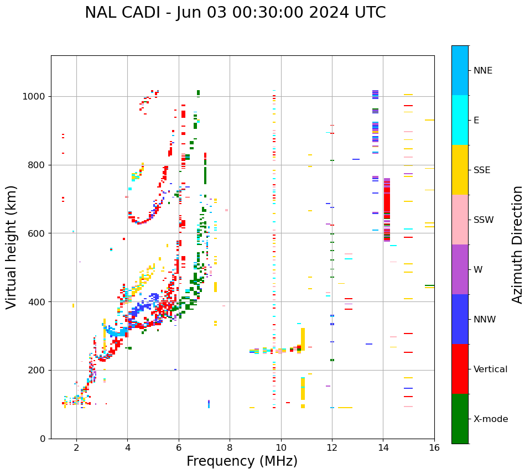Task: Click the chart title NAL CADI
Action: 235,13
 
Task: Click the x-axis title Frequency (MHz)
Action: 242,461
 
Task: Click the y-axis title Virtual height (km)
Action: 12,247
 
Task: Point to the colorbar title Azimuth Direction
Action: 517,244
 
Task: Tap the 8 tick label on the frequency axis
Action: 230,447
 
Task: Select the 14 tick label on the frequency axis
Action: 383,447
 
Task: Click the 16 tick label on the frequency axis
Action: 434,447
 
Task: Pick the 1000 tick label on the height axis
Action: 34,96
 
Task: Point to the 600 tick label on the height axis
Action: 37,233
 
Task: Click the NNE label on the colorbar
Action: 483,71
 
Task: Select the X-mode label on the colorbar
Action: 491,419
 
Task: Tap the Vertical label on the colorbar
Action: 490,369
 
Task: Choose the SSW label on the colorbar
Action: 484,220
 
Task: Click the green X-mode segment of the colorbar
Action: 460,419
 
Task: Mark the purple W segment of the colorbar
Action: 460,269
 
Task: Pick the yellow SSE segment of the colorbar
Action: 460,170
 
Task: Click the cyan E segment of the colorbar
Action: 460,120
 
